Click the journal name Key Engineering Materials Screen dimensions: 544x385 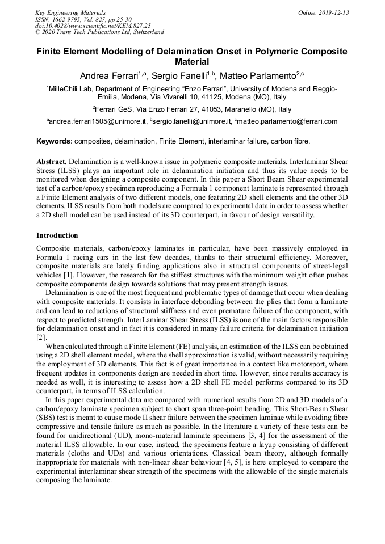click(x=70, y=12)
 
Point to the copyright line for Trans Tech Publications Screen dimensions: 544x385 click(x=99, y=32)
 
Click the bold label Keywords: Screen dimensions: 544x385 click(x=55, y=140)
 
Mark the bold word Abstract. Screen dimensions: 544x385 click(x=52, y=161)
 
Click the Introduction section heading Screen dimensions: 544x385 click(x=57, y=235)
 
